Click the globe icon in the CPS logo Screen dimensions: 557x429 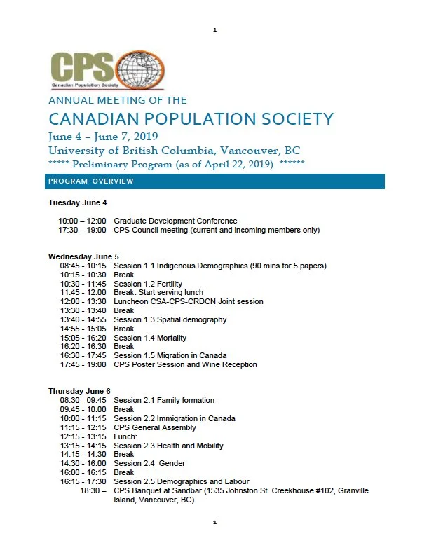(141, 71)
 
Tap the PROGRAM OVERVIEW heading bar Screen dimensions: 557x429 (216, 181)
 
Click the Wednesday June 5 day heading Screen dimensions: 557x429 (83, 256)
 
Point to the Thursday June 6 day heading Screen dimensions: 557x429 (79, 391)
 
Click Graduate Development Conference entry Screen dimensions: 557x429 (175, 221)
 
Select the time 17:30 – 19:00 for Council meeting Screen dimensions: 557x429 (82, 230)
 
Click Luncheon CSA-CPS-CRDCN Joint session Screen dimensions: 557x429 (189, 302)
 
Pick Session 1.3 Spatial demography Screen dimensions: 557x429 (170, 319)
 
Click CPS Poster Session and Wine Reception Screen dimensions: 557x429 (185, 364)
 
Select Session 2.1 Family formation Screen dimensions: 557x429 (164, 401)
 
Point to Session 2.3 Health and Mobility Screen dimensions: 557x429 (168, 446)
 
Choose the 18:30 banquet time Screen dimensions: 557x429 (93, 490)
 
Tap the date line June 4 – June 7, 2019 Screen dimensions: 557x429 (103, 136)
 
